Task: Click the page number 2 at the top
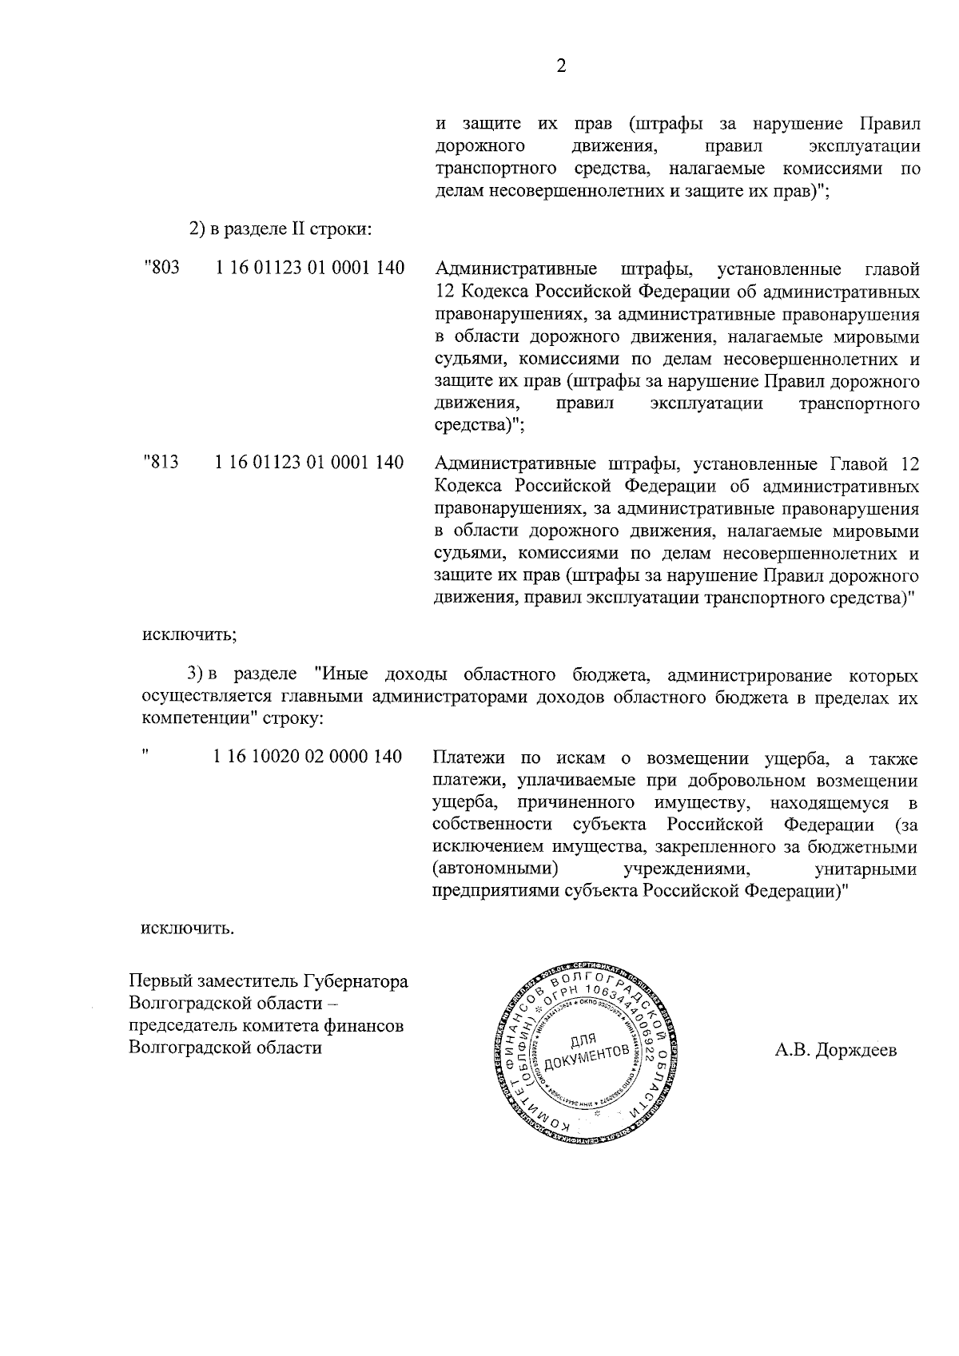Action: point(560,67)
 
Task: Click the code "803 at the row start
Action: point(161,268)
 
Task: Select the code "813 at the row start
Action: point(161,462)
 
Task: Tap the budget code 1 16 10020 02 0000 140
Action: point(308,757)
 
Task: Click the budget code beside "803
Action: point(310,268)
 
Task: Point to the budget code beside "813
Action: point(310,462)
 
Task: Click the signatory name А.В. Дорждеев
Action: point(836,1049)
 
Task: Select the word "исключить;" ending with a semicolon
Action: point(189,635)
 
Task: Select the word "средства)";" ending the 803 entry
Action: point(479,425)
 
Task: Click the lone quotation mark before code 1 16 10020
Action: point(145,753)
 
